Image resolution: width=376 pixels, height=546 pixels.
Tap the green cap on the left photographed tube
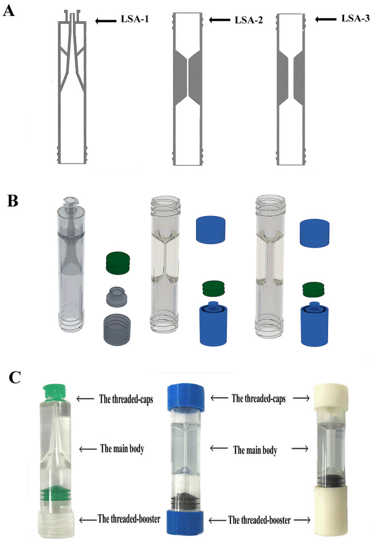point(54,392)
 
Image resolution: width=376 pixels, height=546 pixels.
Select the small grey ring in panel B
point(118,297)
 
